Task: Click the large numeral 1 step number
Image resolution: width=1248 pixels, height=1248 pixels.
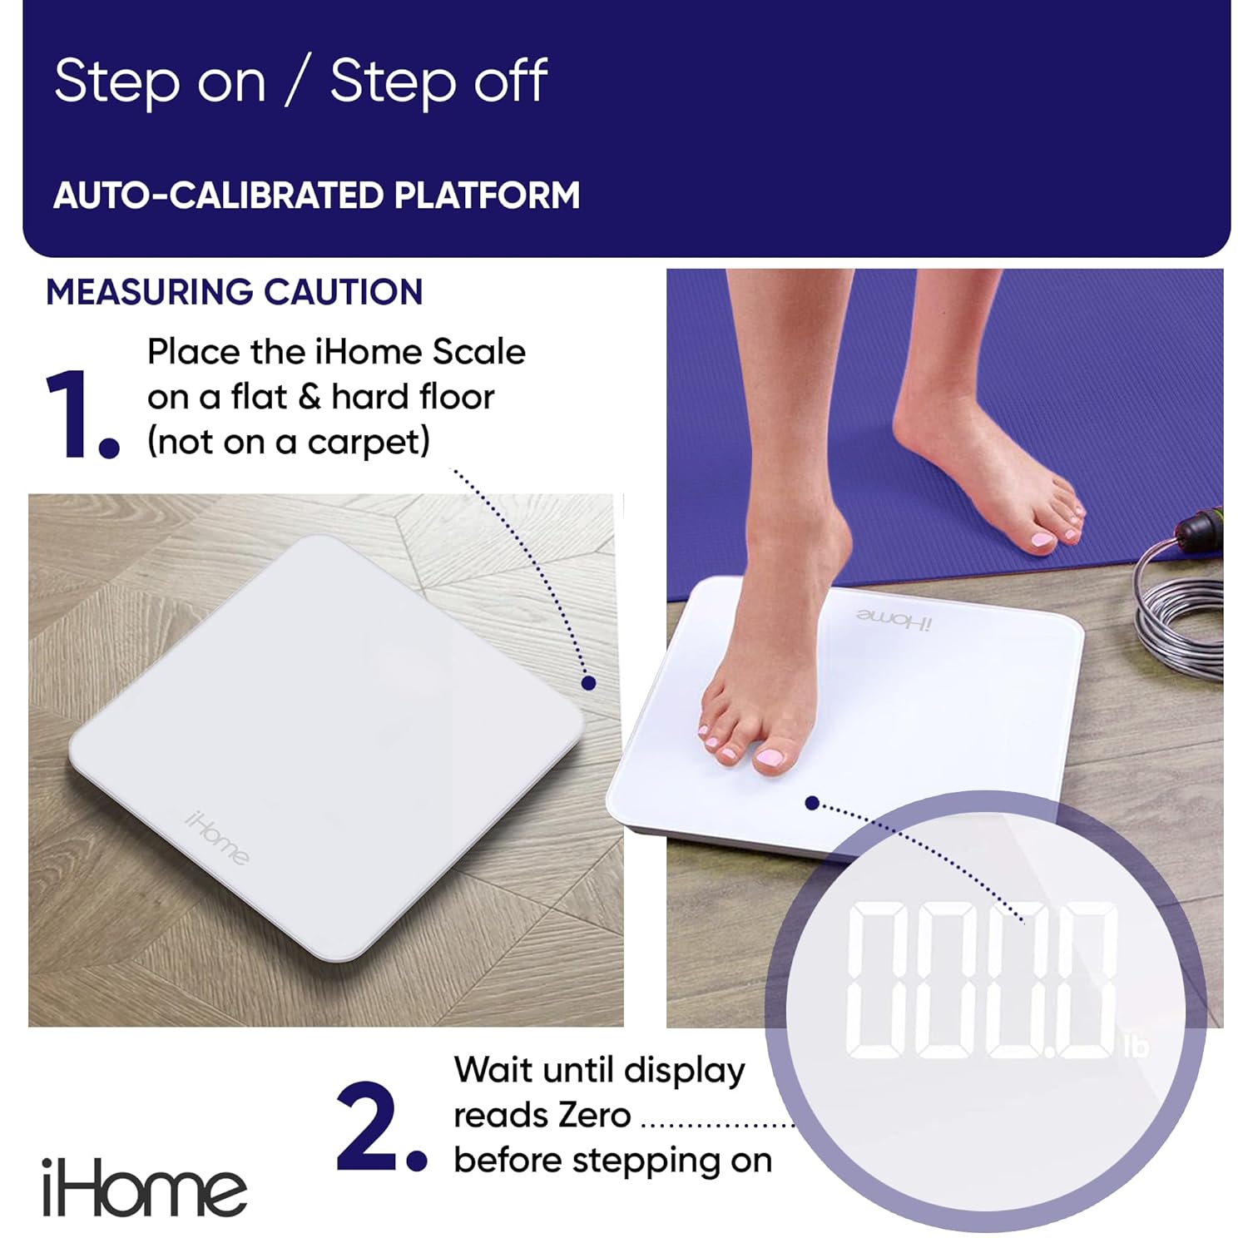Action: (x=71, y=414)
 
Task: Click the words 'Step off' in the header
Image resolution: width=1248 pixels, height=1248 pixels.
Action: (x=438, y=82)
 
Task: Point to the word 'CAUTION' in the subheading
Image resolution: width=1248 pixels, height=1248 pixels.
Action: (x=344, y=292)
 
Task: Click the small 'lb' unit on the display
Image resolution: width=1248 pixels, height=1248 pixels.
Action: (x=1135, y=1046)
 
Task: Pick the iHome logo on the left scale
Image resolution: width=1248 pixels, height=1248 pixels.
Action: (x=216, y=837)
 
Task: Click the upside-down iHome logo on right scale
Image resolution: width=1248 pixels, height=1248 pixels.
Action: (x=894, y=619)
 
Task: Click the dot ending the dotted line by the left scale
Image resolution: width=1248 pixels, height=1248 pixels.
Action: (x=588, y=682)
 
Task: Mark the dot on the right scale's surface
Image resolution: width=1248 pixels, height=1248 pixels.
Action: (x=813, y=803)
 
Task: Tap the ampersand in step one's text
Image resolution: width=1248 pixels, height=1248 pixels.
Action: (x=309, y=397)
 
